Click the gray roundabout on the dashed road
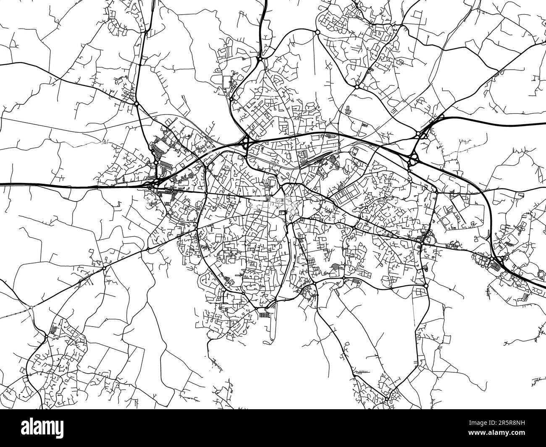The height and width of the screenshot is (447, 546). [31, 308]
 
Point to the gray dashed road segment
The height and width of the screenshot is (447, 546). [15, 313]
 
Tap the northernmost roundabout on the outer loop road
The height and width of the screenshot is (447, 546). [318, 32]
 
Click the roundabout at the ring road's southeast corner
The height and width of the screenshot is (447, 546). [426, 286]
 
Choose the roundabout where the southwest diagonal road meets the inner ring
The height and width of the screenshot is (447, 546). [197, 229]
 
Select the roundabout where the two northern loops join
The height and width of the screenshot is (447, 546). [260, 59]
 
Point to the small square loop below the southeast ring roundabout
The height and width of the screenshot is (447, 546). [420, 292]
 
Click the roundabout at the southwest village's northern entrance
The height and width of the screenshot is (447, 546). [46, 337]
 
